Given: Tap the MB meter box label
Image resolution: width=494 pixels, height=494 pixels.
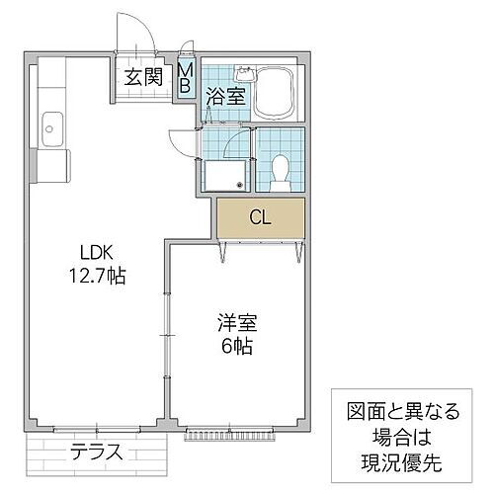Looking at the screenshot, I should click(x=185, y=77).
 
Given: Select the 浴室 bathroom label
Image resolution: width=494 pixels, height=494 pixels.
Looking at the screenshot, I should click(x=223, y=96).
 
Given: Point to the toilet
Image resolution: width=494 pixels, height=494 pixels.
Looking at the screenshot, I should click(x=280, y=171).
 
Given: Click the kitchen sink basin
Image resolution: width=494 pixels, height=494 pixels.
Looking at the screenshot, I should click(x=52, y=126).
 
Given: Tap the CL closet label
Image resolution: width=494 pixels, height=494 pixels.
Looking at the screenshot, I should click(x=261, y=216).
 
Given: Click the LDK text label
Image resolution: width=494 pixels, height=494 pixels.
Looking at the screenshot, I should click(x=84, y=250).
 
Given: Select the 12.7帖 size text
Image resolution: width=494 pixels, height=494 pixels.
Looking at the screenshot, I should click(x=98, y=276).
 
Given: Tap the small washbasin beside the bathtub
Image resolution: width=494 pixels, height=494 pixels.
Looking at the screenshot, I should click(x=244, y=75).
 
